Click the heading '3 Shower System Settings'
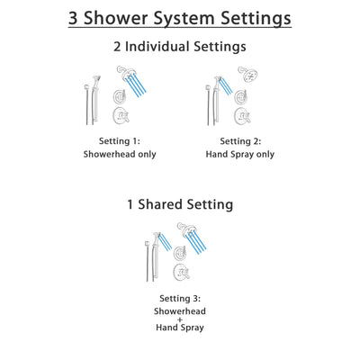(x=180, y=18)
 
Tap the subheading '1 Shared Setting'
(x=180, y=205)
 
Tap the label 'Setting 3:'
(x=181, y=298)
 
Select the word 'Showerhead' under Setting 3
(x=181, y=310)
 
